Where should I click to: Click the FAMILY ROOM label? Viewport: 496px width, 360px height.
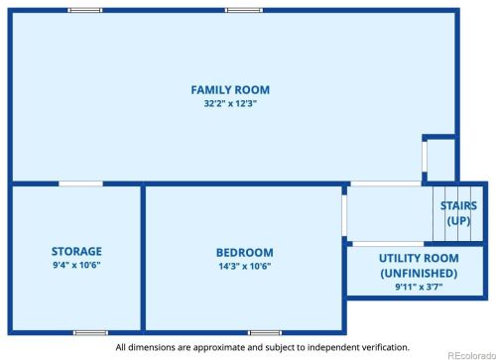(x=230, y=90)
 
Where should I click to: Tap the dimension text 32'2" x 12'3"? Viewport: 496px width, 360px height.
(x=230, y=103)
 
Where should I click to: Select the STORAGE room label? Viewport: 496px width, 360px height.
(x=76, y=251)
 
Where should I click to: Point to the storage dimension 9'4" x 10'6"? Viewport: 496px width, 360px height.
(x=76, y=265)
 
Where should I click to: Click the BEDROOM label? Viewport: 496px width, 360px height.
(x=245, y=253)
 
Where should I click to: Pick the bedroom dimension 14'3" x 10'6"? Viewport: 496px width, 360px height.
(x=245, y=266)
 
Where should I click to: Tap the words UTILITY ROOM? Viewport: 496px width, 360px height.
(x=419, y=258)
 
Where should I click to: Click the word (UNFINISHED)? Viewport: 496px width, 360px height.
(x=419, y=274)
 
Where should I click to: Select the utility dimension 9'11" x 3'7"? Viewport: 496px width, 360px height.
(x=419, y=287)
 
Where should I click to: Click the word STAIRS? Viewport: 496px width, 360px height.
(x=458, y=205)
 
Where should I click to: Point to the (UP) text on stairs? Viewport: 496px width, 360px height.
(x=458, y=220)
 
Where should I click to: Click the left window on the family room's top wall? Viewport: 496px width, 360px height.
(x=85, y=10)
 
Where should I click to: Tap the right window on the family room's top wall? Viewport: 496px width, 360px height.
(x=244, y=10)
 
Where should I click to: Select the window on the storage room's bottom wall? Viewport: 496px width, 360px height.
(x=90, y=332)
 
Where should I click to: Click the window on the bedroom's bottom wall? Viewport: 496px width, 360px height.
(x=265, y=332)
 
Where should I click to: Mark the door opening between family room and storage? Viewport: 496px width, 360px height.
(x=80, y=183)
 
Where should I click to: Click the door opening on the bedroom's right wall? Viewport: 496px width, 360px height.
(x=344, y=215)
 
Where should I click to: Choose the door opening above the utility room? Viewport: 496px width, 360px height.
(x=388, y=244)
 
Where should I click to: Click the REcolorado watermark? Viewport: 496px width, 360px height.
(x=472, y=356)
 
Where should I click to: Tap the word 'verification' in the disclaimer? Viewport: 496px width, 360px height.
(x=385, y=347)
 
